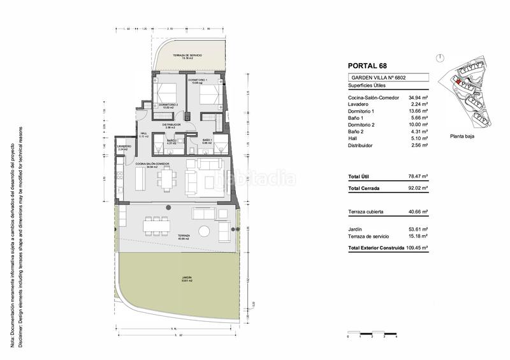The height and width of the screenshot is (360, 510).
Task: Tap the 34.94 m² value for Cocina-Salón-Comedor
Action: click(x=418, y=97)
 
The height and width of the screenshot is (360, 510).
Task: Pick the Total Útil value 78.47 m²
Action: click(x=418, y=176)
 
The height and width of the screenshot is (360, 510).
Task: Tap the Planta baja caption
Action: click(x=463, y=136)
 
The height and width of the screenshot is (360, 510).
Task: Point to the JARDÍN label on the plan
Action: click(x=186, y=278)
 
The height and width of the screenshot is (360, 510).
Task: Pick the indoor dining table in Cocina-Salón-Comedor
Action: click(x=168, y=179)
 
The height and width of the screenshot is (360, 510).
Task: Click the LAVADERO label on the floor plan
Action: click(x=124, y=147)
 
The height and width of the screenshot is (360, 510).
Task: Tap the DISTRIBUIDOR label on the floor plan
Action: click(x=171, y=124)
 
